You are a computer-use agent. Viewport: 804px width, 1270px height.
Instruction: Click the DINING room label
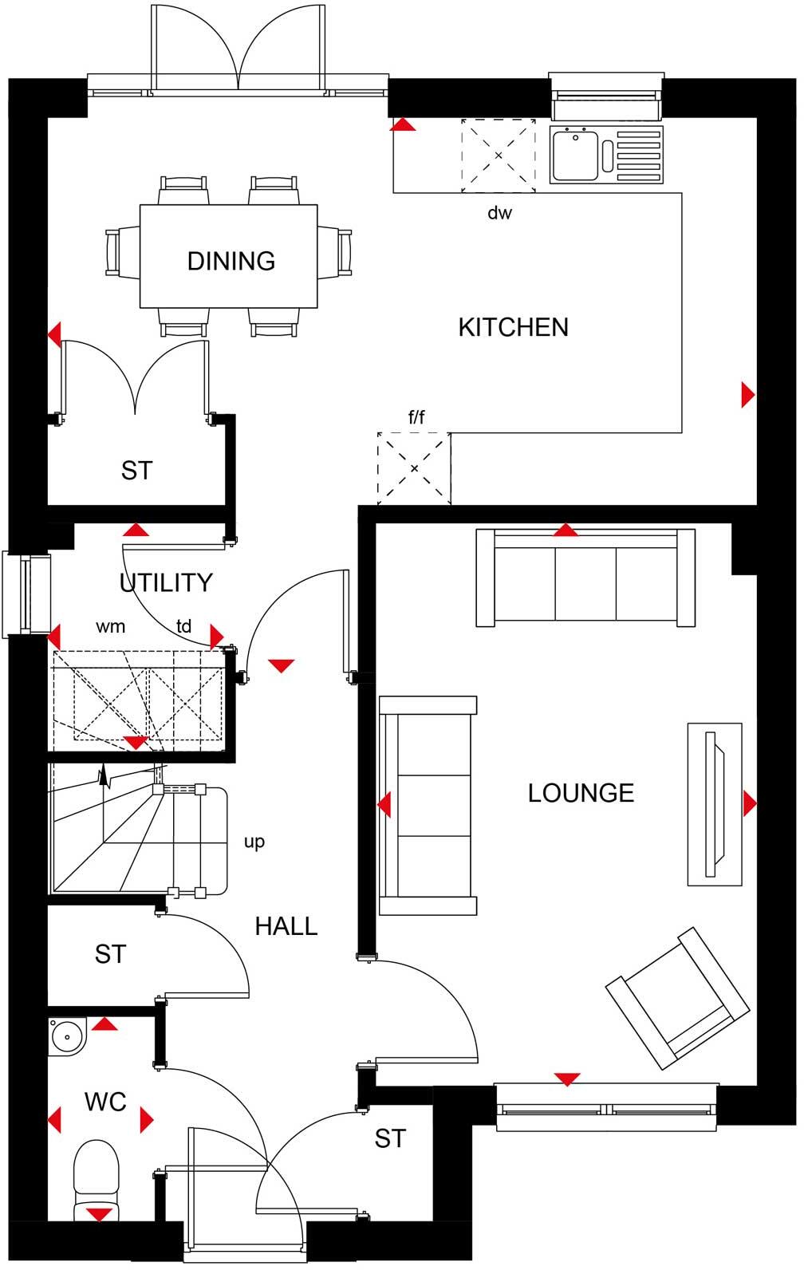point(231,261)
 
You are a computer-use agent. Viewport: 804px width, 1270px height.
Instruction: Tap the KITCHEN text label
point(513,327)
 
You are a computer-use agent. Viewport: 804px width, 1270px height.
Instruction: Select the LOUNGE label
point(581,792)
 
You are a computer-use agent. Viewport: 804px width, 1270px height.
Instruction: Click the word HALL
point(286,926)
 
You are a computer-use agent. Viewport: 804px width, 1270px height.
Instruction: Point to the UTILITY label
point(166,582)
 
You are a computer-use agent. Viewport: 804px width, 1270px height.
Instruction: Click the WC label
point(105,1102)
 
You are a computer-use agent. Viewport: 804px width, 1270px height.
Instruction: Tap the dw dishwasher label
point(499,213)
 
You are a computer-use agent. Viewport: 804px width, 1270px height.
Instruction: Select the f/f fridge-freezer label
point(416,416)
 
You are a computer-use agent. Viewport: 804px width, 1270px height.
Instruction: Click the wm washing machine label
point(111,626)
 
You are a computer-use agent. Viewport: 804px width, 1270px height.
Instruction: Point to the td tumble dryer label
point(184,626)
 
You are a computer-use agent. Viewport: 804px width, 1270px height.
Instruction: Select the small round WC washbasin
point(65,1038)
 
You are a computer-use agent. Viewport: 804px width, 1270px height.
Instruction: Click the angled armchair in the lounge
point(679,997)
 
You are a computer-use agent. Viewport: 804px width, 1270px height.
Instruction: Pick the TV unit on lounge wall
point(715,803)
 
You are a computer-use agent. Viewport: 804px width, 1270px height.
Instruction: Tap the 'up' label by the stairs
point(254,842)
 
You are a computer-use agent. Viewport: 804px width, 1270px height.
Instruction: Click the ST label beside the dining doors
point(136,471)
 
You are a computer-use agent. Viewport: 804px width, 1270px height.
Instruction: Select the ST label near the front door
point(390,1138)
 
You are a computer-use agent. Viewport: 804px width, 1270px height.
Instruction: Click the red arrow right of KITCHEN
point(747,395)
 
